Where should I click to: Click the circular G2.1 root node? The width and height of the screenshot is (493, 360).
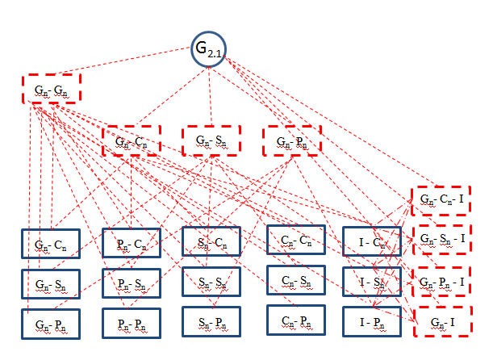point(207,50)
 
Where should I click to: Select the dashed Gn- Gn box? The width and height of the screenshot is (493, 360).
point(51,89)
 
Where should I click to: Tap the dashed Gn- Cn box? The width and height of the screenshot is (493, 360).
point(131,140)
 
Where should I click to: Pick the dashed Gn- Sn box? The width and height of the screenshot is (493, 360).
point(211,140)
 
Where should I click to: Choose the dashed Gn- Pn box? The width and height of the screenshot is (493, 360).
point(291,140)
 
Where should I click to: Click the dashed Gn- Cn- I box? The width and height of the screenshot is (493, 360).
point(441,199)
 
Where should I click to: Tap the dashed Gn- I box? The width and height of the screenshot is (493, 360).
point(441,322)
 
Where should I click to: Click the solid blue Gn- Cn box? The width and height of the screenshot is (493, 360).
point(51,243)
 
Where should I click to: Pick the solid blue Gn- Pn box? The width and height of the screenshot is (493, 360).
point(51,322)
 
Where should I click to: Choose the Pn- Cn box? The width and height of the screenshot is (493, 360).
point(131,243)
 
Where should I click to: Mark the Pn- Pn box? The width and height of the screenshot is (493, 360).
point(131,322)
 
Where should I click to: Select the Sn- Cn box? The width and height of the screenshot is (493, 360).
point(211,242)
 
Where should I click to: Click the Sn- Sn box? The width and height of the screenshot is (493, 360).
point(211,282)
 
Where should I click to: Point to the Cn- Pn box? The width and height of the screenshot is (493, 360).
point(295,320)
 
